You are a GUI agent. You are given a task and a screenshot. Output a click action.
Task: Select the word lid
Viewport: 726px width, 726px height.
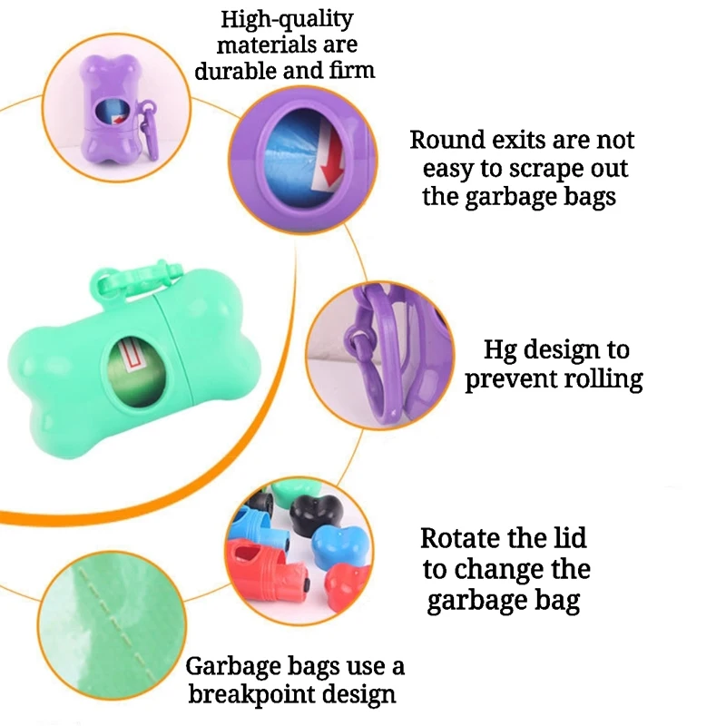coord(566,538)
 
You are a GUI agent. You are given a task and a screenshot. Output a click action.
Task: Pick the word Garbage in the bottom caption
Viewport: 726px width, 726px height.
coord(234,667)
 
